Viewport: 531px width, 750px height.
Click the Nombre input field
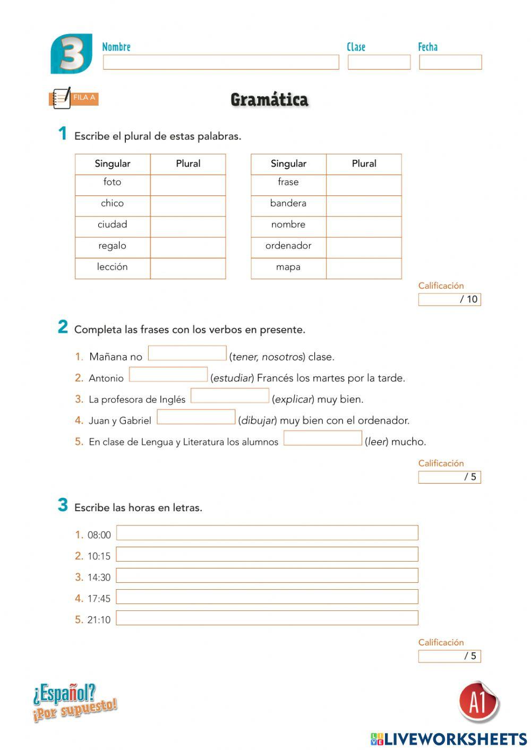[x=221, y=62]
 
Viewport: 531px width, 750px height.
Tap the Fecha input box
[x=450, y=62]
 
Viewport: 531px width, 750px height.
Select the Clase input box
[x=379, y=62]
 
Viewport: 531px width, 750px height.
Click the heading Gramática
[x=269, y=100]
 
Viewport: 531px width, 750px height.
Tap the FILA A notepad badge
[x=73, y=98]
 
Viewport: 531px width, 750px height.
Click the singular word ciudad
[x=112, y=225]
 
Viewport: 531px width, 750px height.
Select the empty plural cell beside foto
[x=188, y=185]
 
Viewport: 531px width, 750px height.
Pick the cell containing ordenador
[x=288, y=246]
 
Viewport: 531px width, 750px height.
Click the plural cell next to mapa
[x=364, y=269]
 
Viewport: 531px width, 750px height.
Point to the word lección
[x=112, y=267]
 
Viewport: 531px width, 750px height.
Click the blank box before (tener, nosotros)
[x=187, y=353]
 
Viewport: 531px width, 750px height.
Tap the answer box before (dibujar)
[x=196, y=417]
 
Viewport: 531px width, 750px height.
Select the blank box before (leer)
[x=322, y=438]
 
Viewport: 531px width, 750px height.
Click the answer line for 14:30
[x=267, y=575]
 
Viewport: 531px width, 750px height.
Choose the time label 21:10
[x=99, y=620]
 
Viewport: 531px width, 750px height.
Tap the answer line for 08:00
[x=267, y=533]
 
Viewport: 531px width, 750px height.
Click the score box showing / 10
[x=449, y=299]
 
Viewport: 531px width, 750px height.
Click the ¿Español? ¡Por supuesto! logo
[x=74, y=702]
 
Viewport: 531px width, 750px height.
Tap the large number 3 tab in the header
[x=72, y=54]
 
